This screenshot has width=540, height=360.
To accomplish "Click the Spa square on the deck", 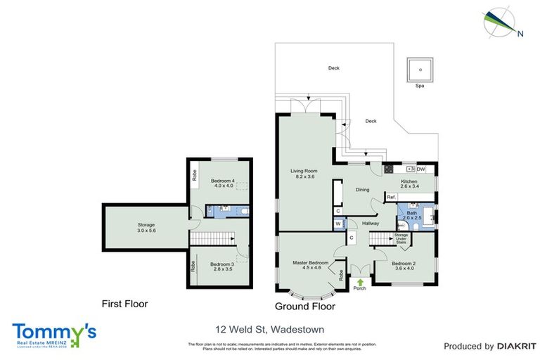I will pos(420,69).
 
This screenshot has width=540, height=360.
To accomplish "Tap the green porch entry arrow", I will pos(361,281).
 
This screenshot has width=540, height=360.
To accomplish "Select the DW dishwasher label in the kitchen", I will pos(420,169).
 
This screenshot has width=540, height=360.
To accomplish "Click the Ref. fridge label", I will pos(391,198).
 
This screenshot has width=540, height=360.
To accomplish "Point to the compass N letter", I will pos(520,33).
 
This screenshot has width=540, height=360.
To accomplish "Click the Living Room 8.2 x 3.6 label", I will pos(305,174).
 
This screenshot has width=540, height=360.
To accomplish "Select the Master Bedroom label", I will pos(311,265).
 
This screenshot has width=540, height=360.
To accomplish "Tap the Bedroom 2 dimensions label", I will pos(404,268).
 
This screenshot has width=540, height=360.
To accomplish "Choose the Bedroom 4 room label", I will pos(221,183).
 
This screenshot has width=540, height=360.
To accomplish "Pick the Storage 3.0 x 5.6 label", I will pos(146,228).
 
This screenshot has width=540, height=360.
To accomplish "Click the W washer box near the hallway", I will pos(338,224).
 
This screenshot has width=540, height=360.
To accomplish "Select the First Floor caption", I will pos(124,304).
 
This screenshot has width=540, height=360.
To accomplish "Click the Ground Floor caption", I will pos(304,307).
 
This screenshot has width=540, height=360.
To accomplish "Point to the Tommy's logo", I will pos(54,333).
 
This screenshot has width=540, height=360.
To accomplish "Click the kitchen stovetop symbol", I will pos(387,169).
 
